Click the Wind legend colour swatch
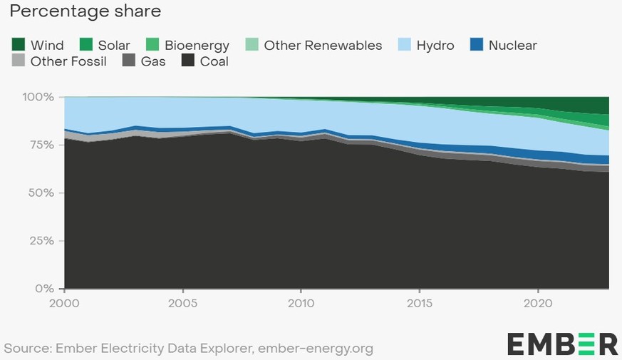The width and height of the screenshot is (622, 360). (19, 45)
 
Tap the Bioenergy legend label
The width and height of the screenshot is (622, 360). (197, 45)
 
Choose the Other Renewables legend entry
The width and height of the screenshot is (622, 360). (323, 45)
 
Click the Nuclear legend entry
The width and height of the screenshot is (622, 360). (512, 45)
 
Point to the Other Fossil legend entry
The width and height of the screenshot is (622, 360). (68, 61)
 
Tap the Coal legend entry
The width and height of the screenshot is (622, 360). (214, 61)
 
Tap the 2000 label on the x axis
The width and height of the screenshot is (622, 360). (65, 302)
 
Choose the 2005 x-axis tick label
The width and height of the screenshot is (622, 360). (183, 302)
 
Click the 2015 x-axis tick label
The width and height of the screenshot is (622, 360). (420, 302)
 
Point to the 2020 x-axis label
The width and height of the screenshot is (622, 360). (538, 302)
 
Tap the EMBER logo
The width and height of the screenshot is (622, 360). (562, 343)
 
